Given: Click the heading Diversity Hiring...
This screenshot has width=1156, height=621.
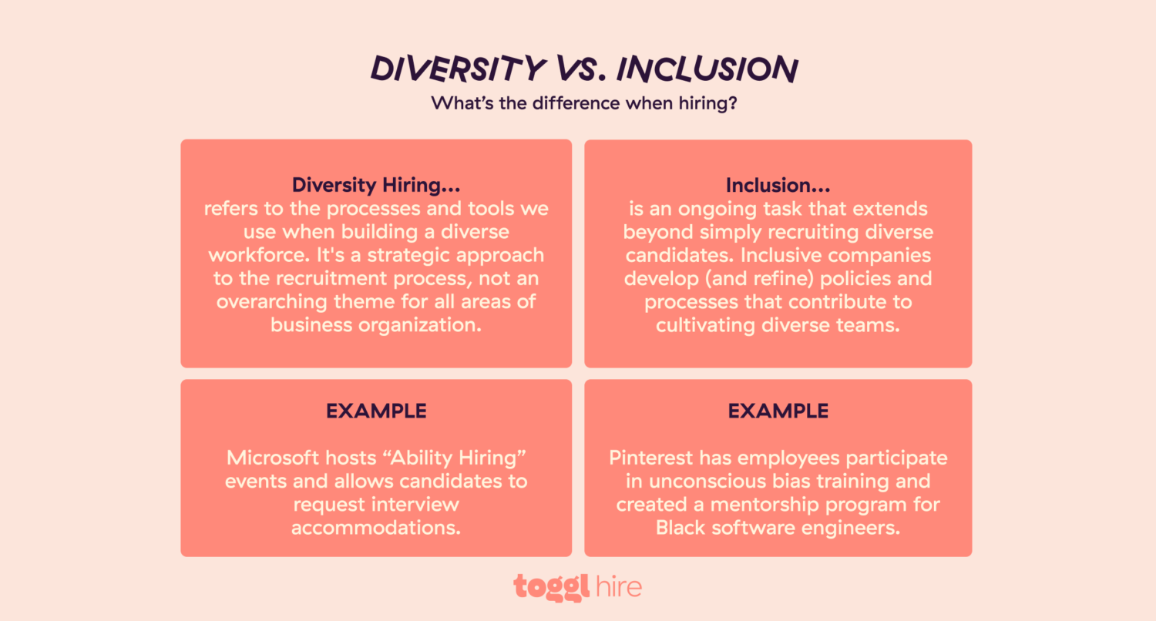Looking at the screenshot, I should [376, 186].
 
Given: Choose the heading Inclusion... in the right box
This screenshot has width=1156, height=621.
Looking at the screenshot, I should [778, 186].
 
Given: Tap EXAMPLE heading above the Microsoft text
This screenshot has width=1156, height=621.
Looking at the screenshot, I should [376, 411].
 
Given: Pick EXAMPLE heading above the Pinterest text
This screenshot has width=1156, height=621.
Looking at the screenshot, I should [778, 411].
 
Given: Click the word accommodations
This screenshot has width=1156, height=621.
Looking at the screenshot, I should [376, 528].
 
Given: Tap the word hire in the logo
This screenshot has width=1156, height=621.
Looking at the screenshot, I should [619, 587].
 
